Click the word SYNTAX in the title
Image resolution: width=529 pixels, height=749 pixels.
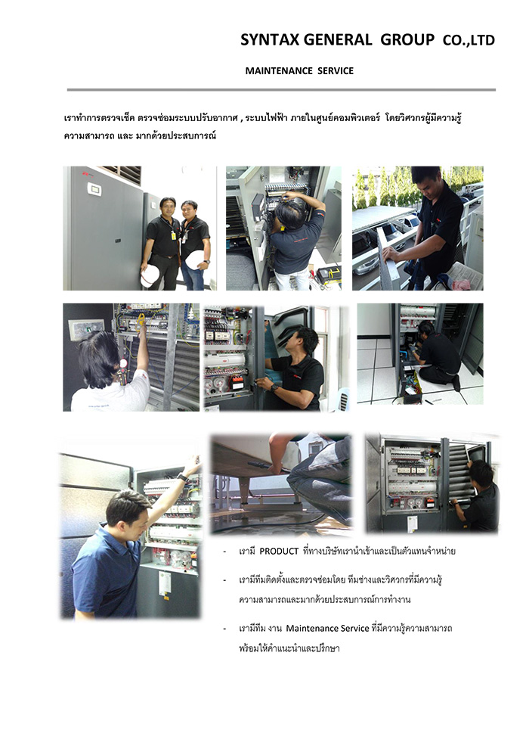click(x=270, y=39)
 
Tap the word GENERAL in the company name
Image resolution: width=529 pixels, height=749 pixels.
click(x=338, y=39)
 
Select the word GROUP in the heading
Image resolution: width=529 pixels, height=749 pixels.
click(x=407, y=39)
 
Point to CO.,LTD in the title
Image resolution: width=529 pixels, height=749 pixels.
click(x=469, y=41)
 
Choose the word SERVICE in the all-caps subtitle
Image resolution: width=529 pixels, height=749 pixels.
click(x=336, y=70)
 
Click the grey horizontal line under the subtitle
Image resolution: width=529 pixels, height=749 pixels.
click(x=281, y=89)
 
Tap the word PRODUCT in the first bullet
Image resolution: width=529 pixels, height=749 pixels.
click(x=279, y=552)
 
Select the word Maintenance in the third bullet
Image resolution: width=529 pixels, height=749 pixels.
click(x=312, y=628)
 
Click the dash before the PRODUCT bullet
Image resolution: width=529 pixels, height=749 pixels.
click(x=224, y=552)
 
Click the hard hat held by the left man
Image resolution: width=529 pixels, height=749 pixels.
click(x=150, y=276)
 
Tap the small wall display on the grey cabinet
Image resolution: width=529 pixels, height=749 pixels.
click(x=94, y=189)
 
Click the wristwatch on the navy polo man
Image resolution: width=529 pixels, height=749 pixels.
click(x=181, y=476)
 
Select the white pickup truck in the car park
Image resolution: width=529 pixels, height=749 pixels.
click(x=407, y=222)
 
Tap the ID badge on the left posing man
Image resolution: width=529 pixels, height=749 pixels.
click(x=173, y=235)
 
